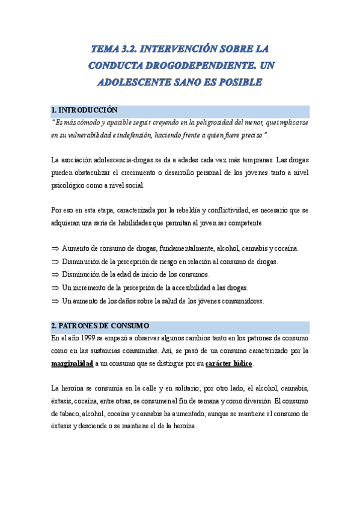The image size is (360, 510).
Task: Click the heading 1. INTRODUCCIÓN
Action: click(x=84, y=111)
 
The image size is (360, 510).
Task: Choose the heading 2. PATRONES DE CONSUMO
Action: click(x=100, y=325)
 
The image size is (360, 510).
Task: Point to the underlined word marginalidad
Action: click(x=72, y=364)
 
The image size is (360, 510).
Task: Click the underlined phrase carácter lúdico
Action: click(x=229, y=364)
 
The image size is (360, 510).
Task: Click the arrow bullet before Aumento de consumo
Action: click(x=55, y=249)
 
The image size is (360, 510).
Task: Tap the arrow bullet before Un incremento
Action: click(x=55, y=287)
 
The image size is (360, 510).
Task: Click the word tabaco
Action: click(x=64, y=413)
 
